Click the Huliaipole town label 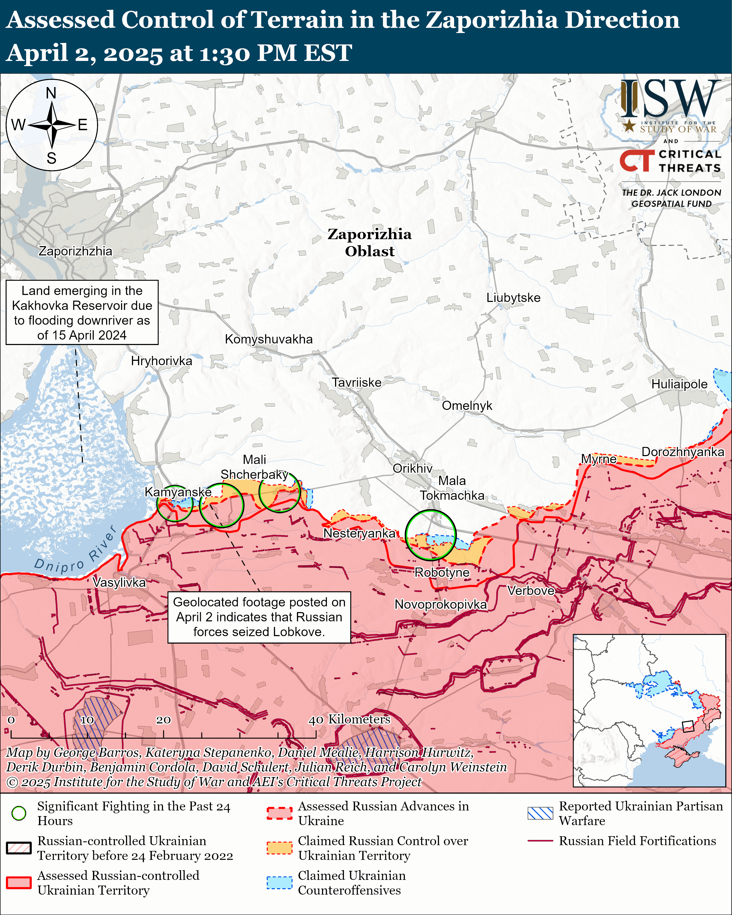pyautogui.click(x=679, y=385)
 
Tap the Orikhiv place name pyautogui.click(x=412, y=468)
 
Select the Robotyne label pyautogui.click(x=442, y=573)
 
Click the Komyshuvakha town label pyautogui.click(x=268, y=340)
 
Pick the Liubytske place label pyautogui.click(x=513, y=298)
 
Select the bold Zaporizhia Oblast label pyautogui.click(x=369, y=243)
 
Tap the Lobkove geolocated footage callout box pyautogui.click(x=259, y=617)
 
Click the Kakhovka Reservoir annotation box pyautogui.click(x=82, y=313)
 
